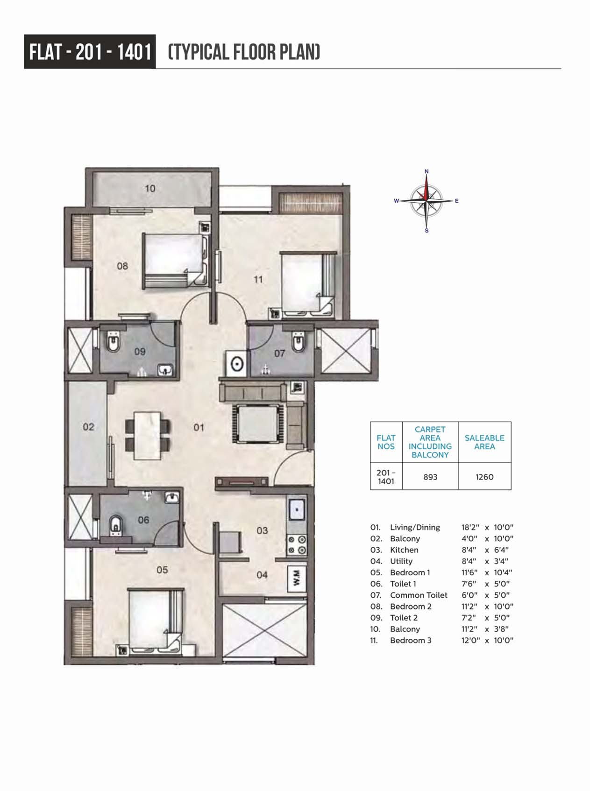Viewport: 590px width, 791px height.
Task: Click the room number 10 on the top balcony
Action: (150, 189)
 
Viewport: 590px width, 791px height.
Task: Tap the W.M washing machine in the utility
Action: (297, 579)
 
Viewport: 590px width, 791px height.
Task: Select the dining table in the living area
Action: (148, 435)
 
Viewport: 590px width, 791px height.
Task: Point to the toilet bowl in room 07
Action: (298, 343)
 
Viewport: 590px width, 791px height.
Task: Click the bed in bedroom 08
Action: (174, 260)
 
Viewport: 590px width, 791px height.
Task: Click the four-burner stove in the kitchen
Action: (297, 545)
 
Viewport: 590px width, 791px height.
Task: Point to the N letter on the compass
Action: (427, 171)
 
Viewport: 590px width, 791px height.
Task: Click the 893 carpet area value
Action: (430, 477)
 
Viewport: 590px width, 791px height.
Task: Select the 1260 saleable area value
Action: (484, 477)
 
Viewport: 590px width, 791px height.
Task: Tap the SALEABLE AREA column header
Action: (484, 442)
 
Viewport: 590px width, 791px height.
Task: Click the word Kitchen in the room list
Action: (404, 550)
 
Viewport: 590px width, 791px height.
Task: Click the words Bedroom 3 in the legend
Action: (411, 640)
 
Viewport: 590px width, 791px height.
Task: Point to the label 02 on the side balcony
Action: (88, 427)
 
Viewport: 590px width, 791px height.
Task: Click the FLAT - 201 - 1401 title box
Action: (90, 52)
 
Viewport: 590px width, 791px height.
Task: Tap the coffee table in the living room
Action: (258, 424)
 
